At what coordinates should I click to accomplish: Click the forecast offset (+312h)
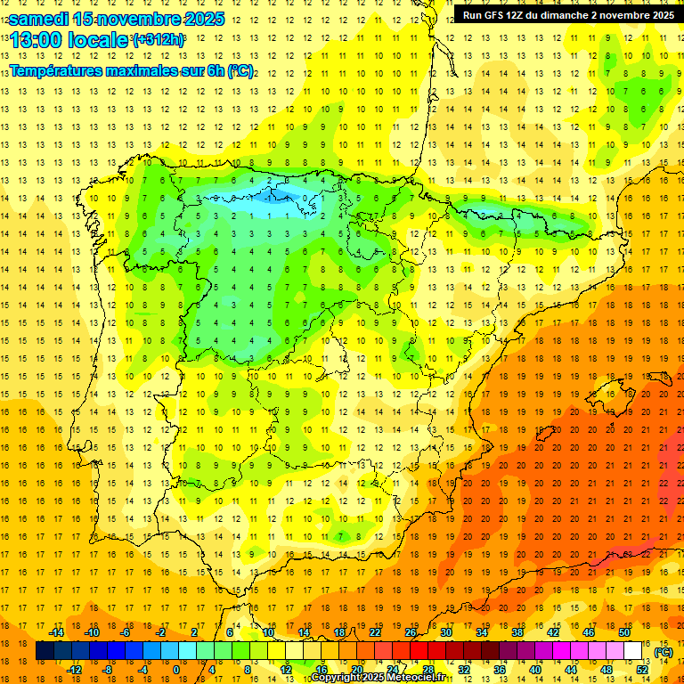point(159,40)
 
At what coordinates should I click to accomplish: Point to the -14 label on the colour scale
point(56,632)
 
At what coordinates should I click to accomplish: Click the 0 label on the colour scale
point(176,670)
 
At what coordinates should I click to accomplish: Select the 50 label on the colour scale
point(624,632)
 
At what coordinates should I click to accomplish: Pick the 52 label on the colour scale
point(642,670)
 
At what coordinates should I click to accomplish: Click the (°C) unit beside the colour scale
point(664,652)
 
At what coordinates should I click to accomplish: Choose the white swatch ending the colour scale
point(633,651)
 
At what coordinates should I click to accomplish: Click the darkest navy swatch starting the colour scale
point(45,651)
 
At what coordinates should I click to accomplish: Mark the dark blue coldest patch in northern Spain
point(287,195)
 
